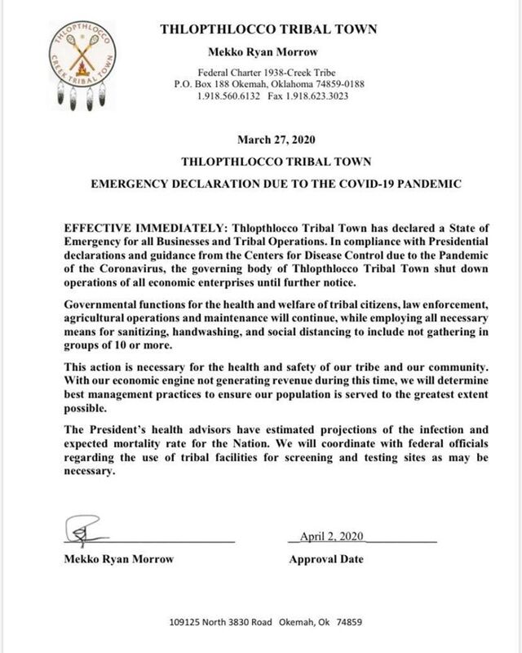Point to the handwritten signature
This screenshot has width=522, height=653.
coord(85,532)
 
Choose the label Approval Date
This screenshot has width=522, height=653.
coord(326,561)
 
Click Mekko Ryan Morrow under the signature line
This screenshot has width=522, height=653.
coord(115,561)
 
